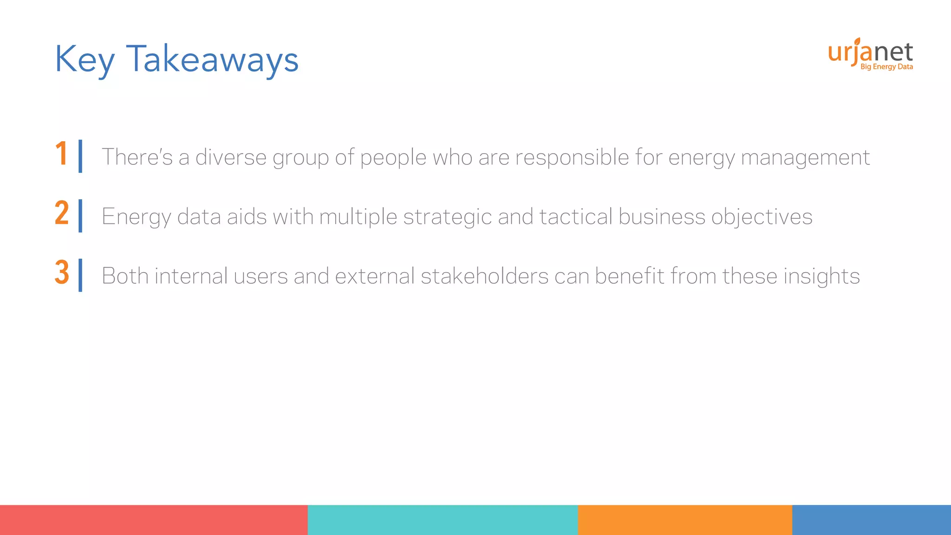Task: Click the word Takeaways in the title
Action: coord(212,59)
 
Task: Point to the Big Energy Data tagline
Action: coord(886,67)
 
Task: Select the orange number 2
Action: coord(62,213)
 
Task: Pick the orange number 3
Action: coord(62,273)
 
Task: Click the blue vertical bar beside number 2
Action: coord(80,215)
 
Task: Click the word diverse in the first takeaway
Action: coord(231,157)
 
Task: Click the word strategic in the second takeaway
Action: coord(447,217)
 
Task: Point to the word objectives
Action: coord(762,217)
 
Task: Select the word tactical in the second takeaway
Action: coord(576,216)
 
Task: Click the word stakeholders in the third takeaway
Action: coord(485,276)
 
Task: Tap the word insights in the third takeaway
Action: coord(821,276)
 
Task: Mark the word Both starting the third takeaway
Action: coord(125,276)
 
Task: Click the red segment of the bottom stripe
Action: coord(154,520)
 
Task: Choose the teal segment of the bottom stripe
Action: coord(443,520)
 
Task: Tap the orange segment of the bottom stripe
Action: coord(685,520)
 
